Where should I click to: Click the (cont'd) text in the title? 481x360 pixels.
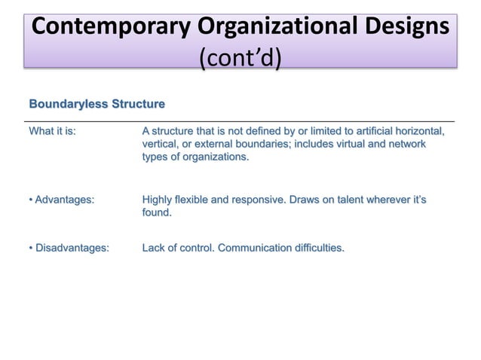coord(240,56)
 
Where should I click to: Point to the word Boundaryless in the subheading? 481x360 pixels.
coord(67,103)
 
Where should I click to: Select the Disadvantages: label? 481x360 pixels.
coord(69,247)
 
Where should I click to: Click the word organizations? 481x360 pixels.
coord(213,157)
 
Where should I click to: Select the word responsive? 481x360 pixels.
coord(253,200)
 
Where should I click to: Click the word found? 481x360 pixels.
coord(156,213)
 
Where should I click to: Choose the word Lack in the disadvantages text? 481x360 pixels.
coord(154,247)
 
